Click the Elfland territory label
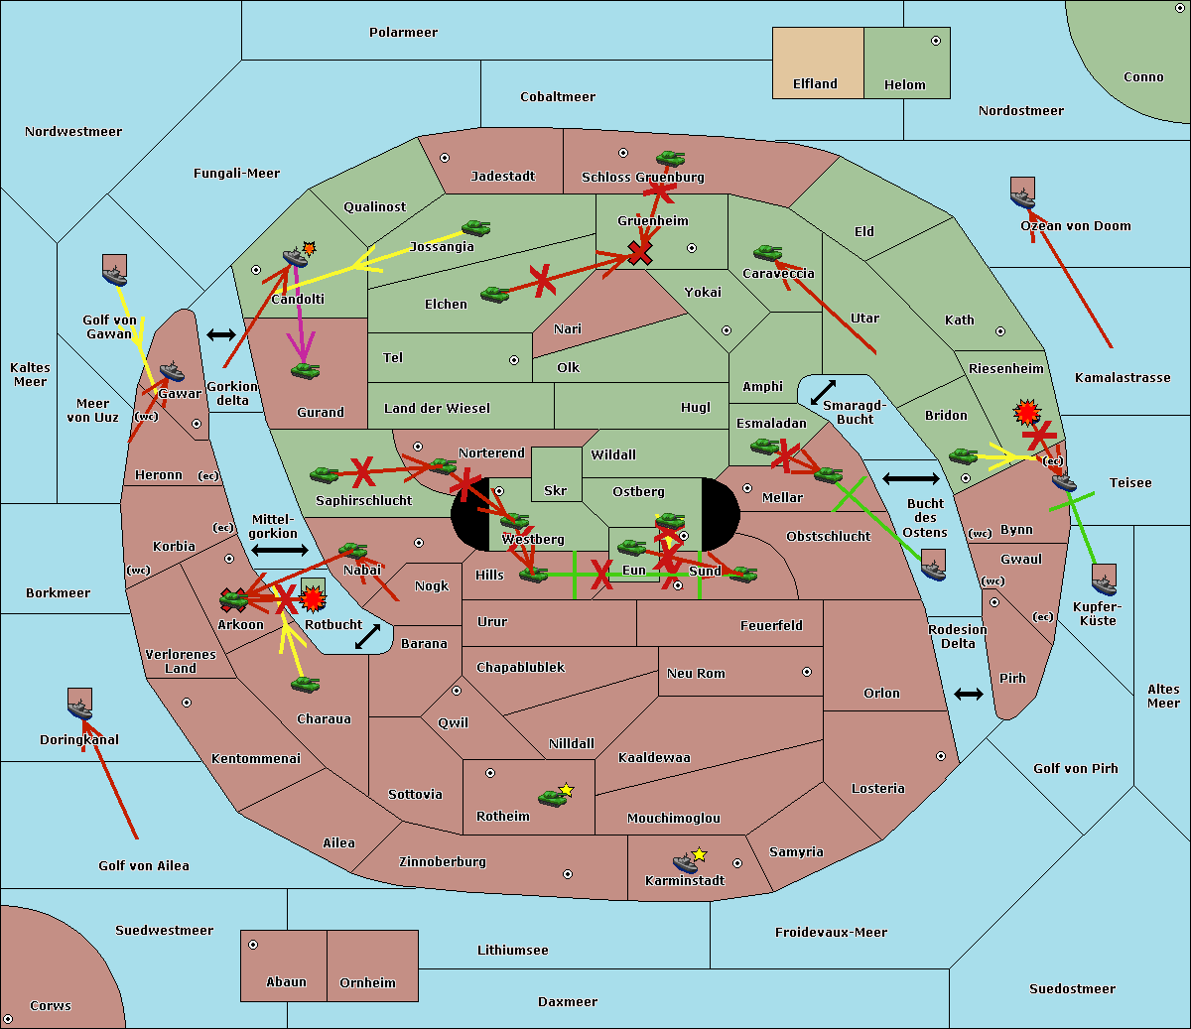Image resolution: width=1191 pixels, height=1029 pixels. [815, 84]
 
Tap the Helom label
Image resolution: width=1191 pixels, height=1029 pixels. [904, 85]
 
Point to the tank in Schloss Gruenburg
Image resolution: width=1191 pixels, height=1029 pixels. [671, 158]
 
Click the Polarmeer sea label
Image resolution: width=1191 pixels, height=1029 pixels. [403, 33]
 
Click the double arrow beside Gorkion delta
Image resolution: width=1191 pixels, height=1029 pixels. [221, 335]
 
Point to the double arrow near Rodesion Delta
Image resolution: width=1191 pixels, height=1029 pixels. [969, 694]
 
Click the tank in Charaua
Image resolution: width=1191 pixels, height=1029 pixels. [306, 684]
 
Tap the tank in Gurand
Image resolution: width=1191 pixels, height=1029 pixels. [306, 371]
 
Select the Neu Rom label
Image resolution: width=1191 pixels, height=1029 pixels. [696, 674]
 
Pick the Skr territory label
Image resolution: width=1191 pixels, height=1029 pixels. [555, 491]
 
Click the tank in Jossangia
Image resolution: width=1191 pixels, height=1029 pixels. [476, 228]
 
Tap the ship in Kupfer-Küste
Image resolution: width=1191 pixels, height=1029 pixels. [1104, 579]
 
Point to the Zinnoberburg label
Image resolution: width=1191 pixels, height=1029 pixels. [443, 862]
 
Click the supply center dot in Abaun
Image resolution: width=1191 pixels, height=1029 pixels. [253, 945]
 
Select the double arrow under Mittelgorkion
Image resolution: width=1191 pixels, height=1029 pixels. [280, 550]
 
